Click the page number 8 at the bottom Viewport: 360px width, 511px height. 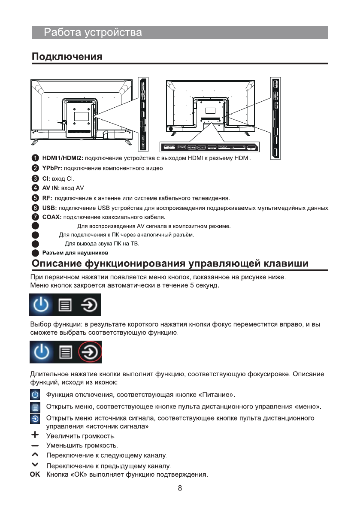[x=180, y=488]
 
